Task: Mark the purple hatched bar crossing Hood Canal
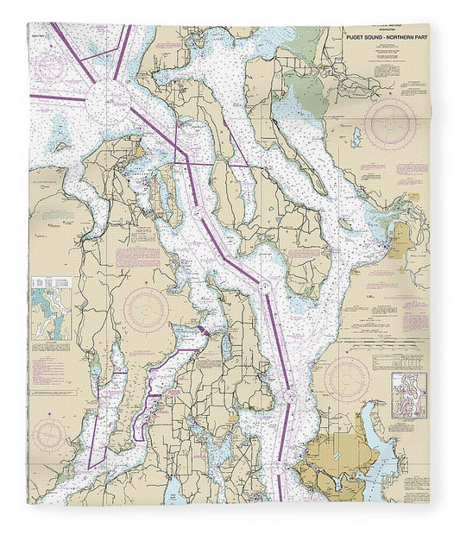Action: [205, 330]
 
